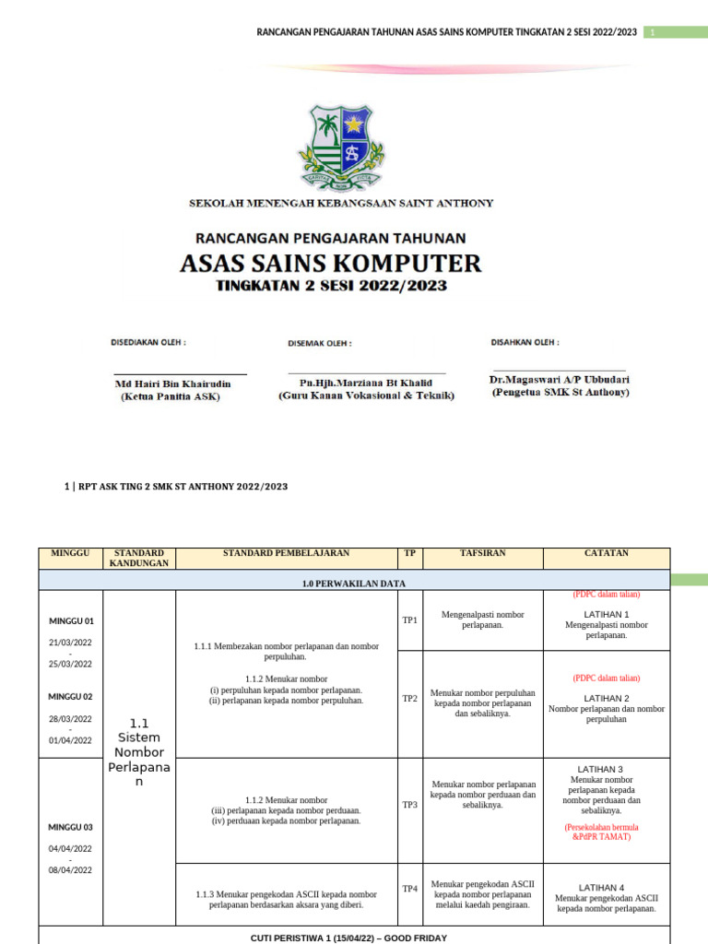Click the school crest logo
coord(340,147)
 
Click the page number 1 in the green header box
coord(652,33)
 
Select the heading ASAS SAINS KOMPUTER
coord(330,263)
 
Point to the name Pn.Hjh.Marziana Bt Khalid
coord(366,383)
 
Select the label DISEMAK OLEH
coord(319,343)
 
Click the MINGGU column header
coord(72,553)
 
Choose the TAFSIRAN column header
coord(482,553)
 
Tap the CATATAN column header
coord(606,553)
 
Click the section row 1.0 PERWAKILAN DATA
coord(354,584)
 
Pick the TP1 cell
coord(409,620)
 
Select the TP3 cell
coord(409,805)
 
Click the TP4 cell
coord(409,889)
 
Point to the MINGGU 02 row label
coord(77,697)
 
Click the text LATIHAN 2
coord(606,698)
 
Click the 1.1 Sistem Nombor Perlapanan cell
coord(138,750)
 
